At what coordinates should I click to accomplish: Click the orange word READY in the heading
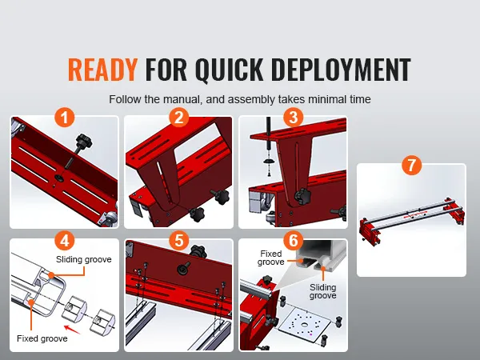[x=102, y=70]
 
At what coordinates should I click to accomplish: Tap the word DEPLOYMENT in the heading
[x=341, y=70]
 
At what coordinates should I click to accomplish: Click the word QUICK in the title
[x=229, y=70]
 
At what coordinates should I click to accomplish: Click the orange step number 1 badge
[x=65, y=118]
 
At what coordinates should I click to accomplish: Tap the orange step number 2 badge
[x=179, y=118]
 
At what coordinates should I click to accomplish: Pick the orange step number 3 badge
[x=294, y=118]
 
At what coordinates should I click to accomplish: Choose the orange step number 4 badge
[x=65, y=241]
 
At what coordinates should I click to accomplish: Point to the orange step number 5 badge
[x=179, y=241]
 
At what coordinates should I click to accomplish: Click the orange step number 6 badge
[x=294, y=241]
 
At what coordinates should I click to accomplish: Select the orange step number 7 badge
[x=411, y=165]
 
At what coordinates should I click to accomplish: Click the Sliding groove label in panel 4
[x=83, y=259]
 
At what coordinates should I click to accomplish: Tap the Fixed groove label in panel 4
[x=42, y=338]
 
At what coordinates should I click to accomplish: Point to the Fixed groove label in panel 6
[x=271, y=258]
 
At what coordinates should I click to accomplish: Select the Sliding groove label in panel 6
[x=323, y=291]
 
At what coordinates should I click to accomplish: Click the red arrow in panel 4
[x=72, y=330]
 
